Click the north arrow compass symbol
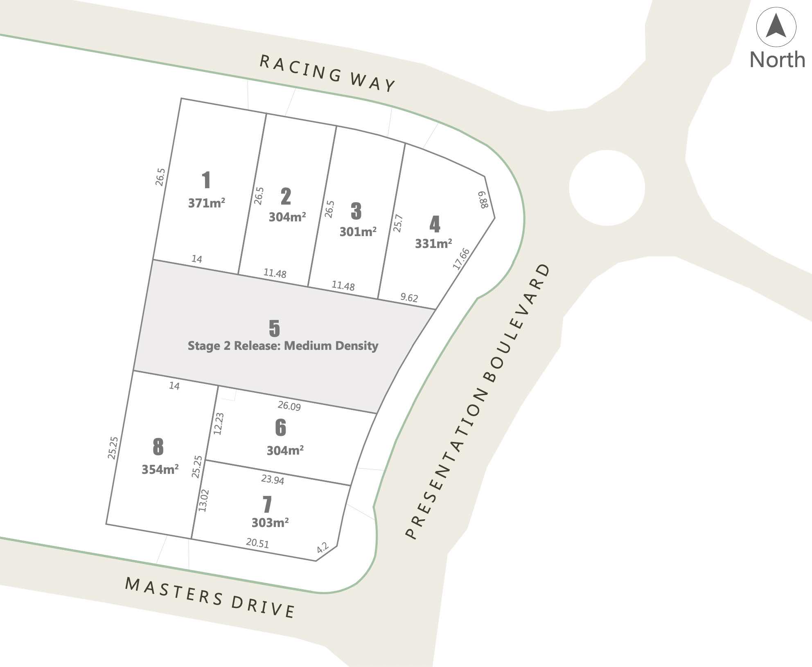776,27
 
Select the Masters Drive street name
210,597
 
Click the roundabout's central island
607,187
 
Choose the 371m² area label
206,203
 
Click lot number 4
435,224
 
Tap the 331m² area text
433,244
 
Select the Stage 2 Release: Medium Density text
283,346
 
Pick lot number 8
158,446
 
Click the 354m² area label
160,469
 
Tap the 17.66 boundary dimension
461,259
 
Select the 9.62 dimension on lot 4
409,297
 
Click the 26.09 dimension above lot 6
289,406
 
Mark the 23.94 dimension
273,479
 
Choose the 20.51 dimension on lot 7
257,543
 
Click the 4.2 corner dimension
323,548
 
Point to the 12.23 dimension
219,424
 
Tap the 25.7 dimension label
398,223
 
